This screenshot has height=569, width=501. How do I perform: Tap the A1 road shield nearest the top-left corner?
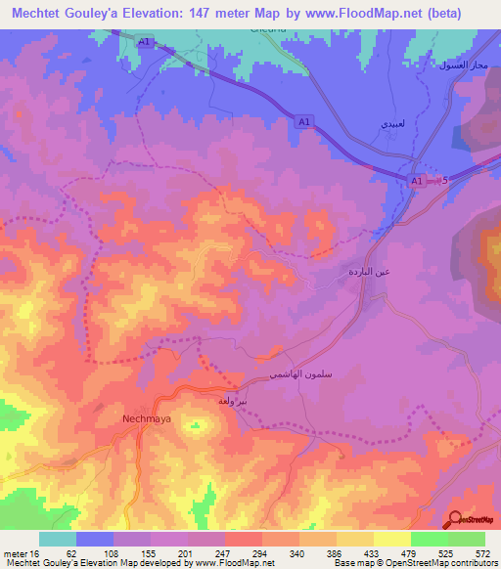coord(145,42)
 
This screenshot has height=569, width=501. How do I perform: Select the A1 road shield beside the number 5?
coord(417,181)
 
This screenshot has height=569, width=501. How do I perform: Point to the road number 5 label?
coord(443,181)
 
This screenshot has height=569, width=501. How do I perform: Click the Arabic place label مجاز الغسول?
coord(464,65)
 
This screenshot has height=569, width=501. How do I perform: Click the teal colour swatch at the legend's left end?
coord(57,540)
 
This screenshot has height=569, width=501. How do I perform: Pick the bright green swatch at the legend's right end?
coord(466,540)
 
